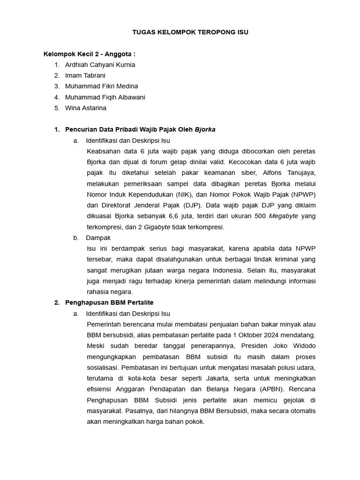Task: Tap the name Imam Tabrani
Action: pos(85,75)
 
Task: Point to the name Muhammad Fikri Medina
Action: pos(101,86)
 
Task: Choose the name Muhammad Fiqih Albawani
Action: pos(105,97)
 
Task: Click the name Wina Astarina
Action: pos(85,108)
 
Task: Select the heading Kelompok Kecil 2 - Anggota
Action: pos(89,54)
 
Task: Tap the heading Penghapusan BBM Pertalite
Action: pos(109,303)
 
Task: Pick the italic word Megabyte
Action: pos(283,216)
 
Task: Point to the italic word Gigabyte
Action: pos(157,227)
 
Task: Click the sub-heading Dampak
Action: pos(98,238)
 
